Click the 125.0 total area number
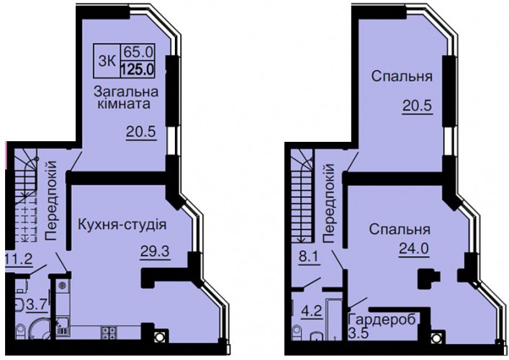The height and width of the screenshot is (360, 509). point(138,69)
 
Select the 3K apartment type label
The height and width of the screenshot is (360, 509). point(107,60)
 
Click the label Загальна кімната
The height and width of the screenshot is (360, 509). point(126,98)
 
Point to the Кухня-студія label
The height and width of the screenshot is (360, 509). point(122,225)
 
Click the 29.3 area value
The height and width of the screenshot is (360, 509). point(155,251)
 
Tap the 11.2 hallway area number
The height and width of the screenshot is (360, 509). point(19,259)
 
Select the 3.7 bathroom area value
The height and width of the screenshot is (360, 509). point(37,305)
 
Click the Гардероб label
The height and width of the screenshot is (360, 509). point(382,320)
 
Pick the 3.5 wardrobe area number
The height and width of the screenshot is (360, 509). point(358,333)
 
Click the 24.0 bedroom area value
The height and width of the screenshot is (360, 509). point(414,248)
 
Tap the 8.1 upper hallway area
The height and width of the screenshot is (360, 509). point(308,259)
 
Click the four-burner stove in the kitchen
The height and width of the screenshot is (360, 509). point(109,333)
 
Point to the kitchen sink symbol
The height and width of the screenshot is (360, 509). point(63,327)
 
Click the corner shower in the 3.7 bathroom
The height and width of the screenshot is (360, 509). point(40,330)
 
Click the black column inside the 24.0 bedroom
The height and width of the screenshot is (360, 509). point(428,279)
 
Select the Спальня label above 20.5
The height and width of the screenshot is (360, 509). point(402,76)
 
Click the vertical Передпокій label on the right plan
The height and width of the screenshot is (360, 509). point(328,204)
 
